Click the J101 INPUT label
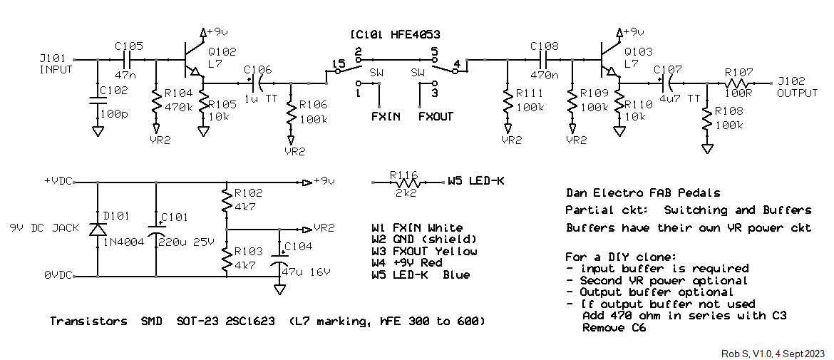click(56, 64)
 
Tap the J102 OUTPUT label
click(798, 88)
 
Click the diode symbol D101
click(98, 229)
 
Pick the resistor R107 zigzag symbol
click(738, 83)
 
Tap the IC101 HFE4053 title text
click(395, 35)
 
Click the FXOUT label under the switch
click(436, 116)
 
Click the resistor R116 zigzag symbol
click(408, 182)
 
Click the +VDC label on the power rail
click(58, 182)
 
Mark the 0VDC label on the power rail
click(58, 276)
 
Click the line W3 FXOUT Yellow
click(424, 252)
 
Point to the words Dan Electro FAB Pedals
click(643, 193)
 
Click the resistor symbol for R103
click(227, 260)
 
